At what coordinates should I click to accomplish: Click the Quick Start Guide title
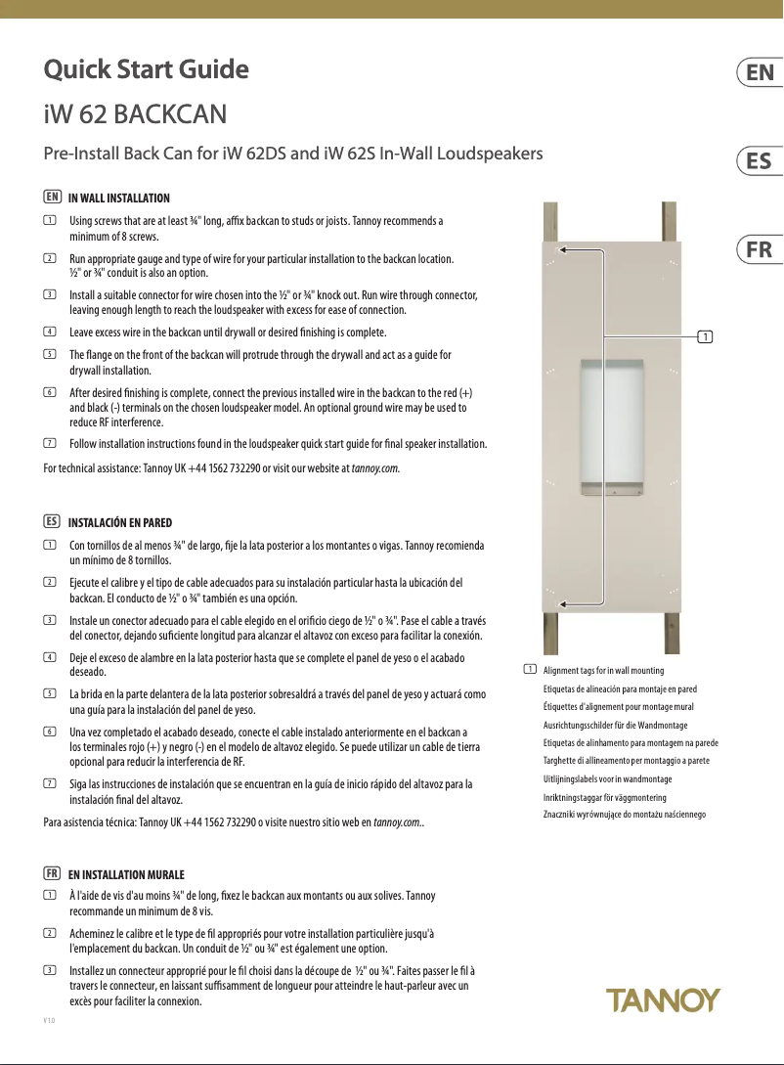point(147,70)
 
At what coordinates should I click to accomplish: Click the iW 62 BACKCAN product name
point(136,114)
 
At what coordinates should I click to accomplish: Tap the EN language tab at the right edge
point(760,73)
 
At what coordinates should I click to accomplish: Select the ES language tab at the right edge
point(760,161)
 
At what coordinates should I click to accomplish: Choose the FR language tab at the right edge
point(760,249)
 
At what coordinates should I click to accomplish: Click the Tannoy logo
point(663,1000)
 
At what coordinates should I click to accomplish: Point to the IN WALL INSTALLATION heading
point(118,199)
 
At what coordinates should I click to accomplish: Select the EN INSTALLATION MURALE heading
point(126,874)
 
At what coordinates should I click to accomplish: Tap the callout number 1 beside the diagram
point(704,337)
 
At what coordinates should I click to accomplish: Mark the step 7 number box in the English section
point(50,444)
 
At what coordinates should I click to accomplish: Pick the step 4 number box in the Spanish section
point(50,656)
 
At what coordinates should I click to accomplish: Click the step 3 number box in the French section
point(50,969)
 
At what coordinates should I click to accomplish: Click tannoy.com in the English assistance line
point(374,468)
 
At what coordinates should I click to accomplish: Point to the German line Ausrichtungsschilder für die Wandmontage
point(615,725)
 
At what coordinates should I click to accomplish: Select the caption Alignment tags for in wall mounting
point(603,671)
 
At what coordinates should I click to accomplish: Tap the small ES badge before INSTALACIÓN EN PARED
point(53,522)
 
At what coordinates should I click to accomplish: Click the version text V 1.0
point(49,1020)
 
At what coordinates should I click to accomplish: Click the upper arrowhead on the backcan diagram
point(565,250)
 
